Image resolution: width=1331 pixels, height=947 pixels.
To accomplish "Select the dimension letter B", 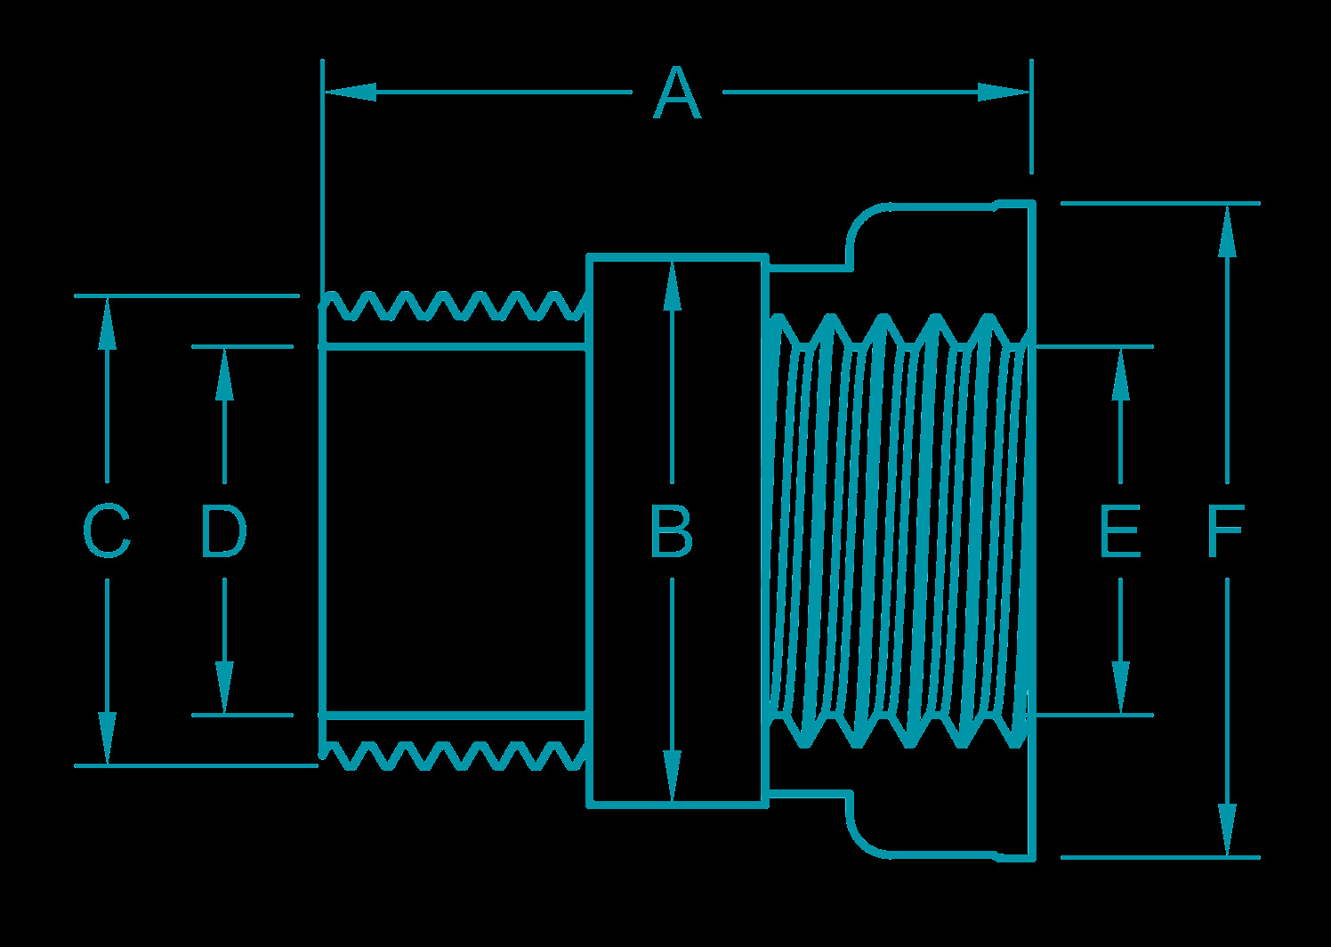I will (x=672, y=532).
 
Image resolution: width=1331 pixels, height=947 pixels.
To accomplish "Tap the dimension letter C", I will (x=107, y=532).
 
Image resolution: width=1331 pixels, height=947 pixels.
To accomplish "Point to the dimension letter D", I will (x=222, y=532).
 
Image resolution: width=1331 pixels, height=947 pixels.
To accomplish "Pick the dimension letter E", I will (x=1120, y=532).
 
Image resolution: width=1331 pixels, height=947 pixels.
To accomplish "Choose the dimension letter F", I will (x=1225, y=532).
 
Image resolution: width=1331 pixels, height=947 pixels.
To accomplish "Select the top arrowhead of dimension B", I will (x=672, y=285).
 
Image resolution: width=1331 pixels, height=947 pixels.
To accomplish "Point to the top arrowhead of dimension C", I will (x=108, y=323).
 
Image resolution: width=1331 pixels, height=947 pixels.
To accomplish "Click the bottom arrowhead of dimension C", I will (x=108, y=738).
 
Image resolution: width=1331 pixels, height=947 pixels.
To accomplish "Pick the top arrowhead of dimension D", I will (x=224, y=373).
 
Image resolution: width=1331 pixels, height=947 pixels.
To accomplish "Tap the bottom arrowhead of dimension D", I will (x=224, y=688).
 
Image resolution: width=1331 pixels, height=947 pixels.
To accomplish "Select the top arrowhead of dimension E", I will (x=1121, y=373).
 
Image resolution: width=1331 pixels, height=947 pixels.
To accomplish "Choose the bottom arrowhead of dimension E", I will (x=1121, y=688).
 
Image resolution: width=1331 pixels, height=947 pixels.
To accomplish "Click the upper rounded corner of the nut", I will (x=861, y=222).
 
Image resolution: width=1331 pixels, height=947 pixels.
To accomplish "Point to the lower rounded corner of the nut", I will (x=861, y=840).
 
